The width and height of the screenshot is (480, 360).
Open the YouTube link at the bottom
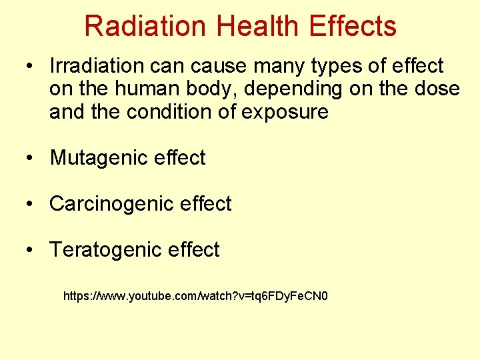click(195, 295)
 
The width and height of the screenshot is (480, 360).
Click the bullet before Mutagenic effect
click(30, 159)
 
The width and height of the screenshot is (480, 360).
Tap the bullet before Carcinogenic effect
click(30, 204)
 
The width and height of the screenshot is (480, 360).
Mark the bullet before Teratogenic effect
click(30, 250)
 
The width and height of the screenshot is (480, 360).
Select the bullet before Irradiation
click(30, 67)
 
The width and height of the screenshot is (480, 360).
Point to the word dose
click(437, 89)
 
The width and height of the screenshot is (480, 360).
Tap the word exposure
click(285, 112)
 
